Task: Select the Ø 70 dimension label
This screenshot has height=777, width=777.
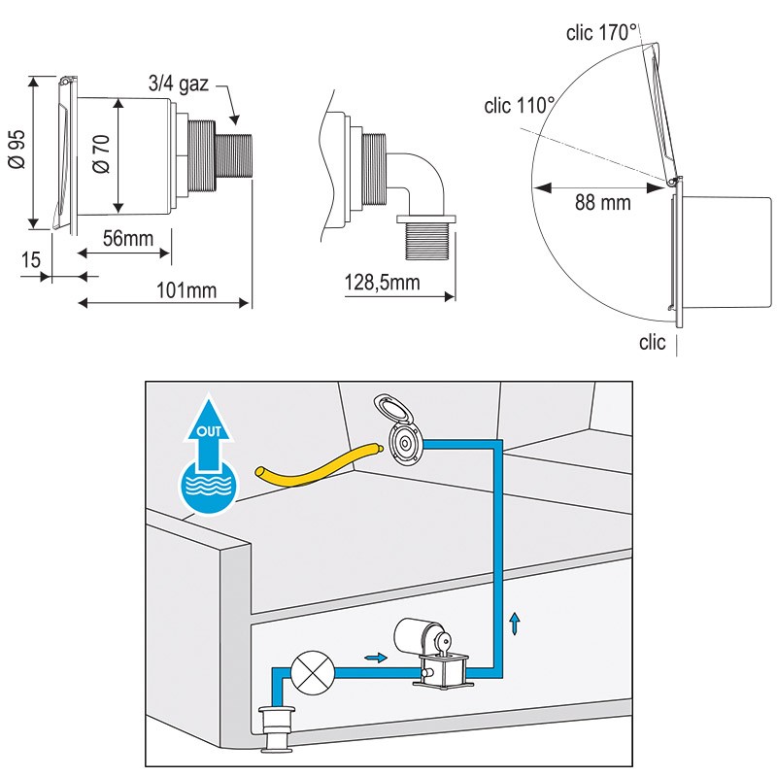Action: click(101, 152)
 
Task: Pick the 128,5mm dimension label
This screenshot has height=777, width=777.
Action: click(382, 283)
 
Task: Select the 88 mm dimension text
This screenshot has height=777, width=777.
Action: click(602, 203)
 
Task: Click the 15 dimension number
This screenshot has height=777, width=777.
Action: click(30, 260)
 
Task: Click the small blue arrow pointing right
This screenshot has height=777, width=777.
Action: click(372, 658)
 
